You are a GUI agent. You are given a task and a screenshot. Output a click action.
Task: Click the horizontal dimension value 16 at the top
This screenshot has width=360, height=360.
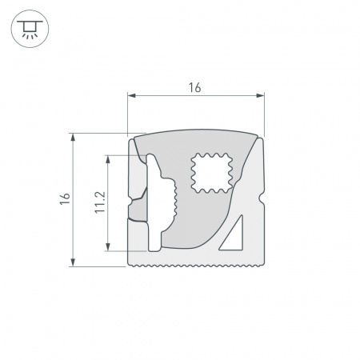point(194,87)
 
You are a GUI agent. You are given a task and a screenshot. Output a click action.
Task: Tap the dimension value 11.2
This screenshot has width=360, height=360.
point(98,202)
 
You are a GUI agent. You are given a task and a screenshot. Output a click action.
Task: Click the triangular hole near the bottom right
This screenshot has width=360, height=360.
point(235,237)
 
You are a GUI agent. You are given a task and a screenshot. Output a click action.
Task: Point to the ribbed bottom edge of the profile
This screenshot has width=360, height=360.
point(196,263)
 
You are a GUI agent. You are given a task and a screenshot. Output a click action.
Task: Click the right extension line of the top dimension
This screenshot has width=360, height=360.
point(264,116)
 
